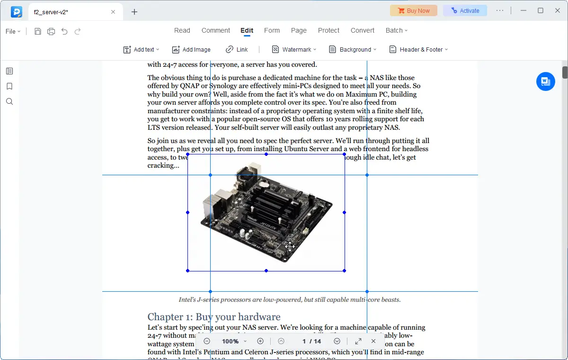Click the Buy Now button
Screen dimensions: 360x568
(x=414, y=10)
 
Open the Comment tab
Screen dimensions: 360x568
(x=215, y=30)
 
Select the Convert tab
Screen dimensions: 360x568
(x=362, y=30)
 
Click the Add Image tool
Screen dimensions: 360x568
(x=191, y=49)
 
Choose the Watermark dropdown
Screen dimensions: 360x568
(x=294, y=49)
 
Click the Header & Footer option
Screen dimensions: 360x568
(x=418, y=49)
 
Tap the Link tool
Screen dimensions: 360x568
(x=237, y=49)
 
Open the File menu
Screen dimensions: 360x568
(x=13, y=31)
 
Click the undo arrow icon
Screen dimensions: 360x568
(x=64, y=31)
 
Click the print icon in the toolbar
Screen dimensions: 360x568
(x=51, y=31)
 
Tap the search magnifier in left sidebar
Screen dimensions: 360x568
(x=9, y=101)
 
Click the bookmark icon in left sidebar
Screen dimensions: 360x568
(x=9, y=86)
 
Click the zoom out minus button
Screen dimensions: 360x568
(x=207, y=341)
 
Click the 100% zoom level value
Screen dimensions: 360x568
(x=231, y=341)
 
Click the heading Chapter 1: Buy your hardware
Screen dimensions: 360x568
(x=214, y=317)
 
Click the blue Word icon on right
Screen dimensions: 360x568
(x=545, y=81)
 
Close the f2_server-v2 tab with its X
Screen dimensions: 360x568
(x=113, y=12)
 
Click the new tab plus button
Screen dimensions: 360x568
(x=134, y=12)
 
